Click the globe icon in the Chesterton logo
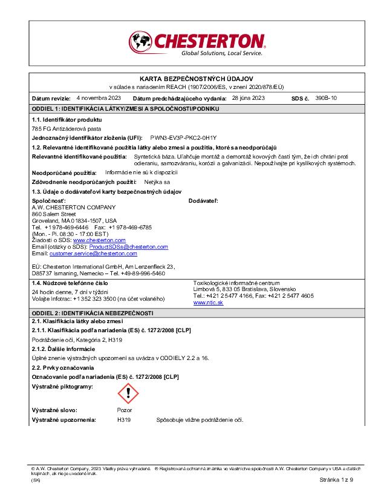[x=141, y=42]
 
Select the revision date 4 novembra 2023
[x=99, y=97]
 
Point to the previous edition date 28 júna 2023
[x=249, y=97]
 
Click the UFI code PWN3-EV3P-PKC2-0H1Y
[x=183, y=138]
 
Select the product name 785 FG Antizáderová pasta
[x=67, y=129]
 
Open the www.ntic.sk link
[x=208, y=302]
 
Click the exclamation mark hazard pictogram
[x=128, y=394]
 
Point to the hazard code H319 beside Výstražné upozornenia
[x=124, y=419]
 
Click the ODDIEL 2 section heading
[x=93, y=313]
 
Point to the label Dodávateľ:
[x=203, y=200]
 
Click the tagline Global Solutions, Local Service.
[x=222, y=53]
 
